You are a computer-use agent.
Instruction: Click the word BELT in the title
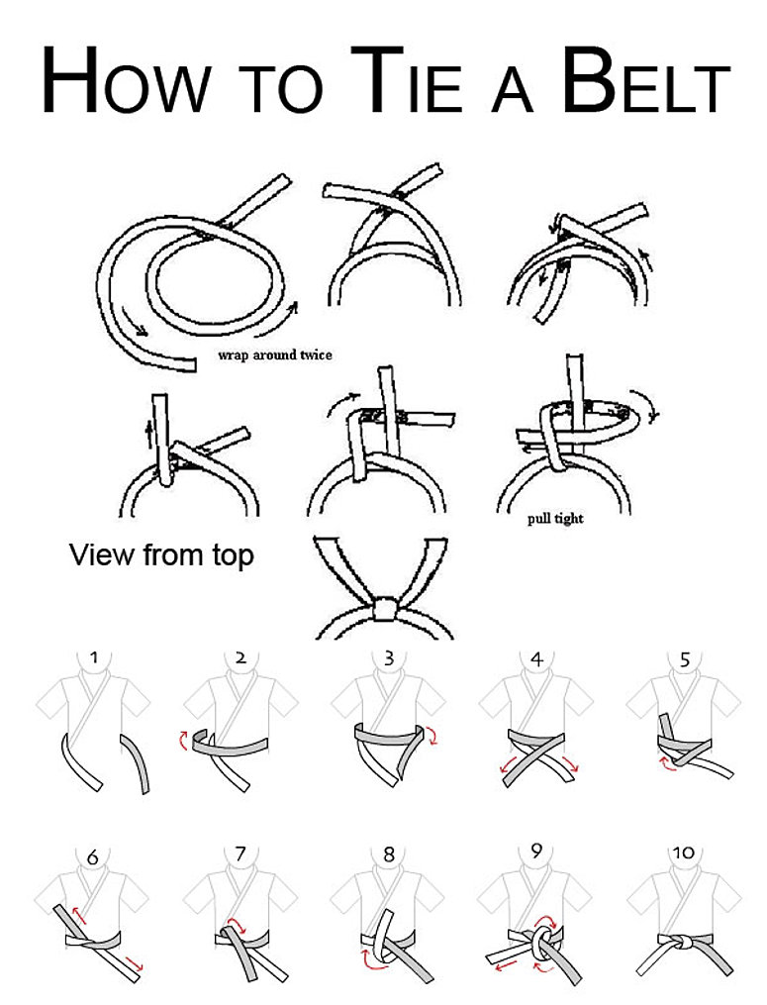click(x=646, y=80)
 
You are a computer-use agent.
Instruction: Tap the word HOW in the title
click(x=127, y=80)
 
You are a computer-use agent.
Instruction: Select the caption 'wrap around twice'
click(x=275, y=355)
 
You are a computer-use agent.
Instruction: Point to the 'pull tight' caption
click(x=555, y=518)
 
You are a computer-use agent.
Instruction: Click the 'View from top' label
click(x=161, y=555)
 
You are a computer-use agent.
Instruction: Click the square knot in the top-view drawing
click(x=384, y=609)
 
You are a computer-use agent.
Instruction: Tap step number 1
click(x=94, y=657)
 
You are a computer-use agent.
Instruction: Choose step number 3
click(x=389, y=657)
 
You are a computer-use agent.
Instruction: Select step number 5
click(x=685, y=658)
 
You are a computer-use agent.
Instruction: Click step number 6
click(x=92, y=856)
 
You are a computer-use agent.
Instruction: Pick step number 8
click(x=389, y=854)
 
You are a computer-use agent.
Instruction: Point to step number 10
click(x=684, y=853)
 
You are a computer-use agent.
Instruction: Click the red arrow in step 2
click(x=183, y=740)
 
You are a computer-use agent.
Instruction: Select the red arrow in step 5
click(x=668, y=763)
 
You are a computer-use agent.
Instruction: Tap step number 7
click(x=240, y=854)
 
